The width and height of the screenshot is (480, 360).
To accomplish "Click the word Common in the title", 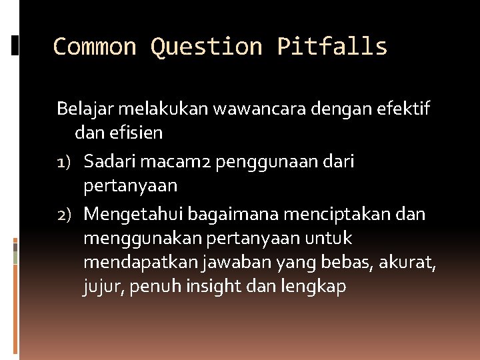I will coord(94,47).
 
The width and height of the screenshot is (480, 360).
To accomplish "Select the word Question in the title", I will coord(206,47).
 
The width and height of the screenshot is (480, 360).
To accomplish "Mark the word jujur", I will coord(101,287).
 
